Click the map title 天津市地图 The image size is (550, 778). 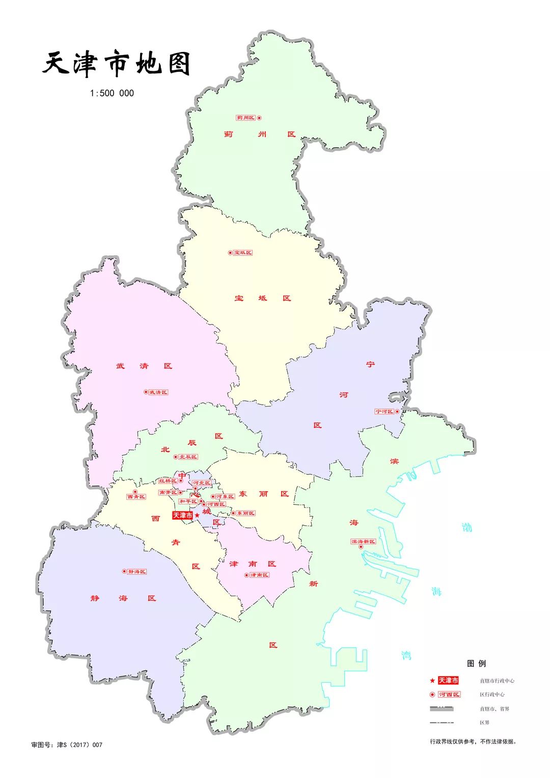117,65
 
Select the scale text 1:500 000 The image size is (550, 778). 112,93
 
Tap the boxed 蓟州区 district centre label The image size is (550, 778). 245,118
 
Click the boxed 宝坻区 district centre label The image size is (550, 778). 243,253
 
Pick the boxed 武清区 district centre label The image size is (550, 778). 158,392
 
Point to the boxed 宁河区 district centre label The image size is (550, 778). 384,412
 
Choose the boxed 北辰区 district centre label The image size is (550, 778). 188,457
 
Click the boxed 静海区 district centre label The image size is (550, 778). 136,572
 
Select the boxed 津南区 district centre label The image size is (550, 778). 259,575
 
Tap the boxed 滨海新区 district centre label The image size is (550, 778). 363,542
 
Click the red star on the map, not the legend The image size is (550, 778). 197,516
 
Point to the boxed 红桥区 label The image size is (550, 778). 168,481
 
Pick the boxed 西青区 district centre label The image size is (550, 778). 136,497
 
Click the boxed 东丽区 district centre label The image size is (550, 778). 245,513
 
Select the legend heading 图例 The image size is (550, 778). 476,663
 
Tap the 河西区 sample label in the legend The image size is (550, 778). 449,694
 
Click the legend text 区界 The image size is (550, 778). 484,723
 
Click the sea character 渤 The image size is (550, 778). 466,527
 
